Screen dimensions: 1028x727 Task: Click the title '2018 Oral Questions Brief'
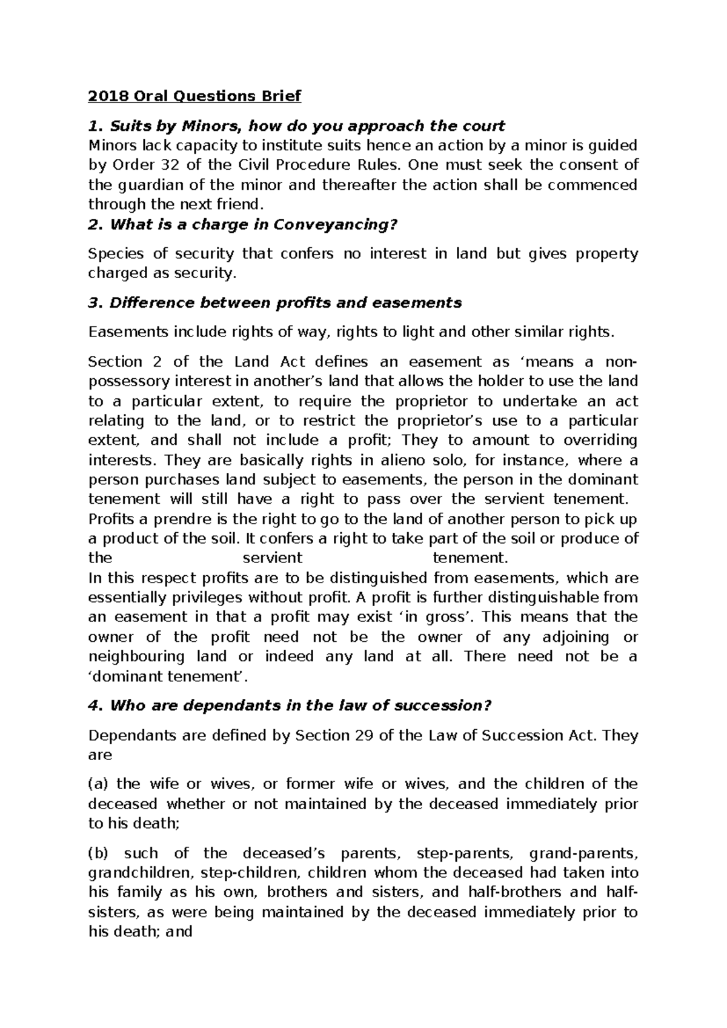click(194, 96)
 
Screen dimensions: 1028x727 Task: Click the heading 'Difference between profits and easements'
click(285, 302)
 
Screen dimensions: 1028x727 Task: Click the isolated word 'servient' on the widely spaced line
click(272, 558)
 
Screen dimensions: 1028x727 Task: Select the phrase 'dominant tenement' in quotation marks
click(165, 676)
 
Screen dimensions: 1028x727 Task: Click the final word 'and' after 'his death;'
click(179, 932)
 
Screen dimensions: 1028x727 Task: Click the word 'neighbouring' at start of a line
click(136, 657)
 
